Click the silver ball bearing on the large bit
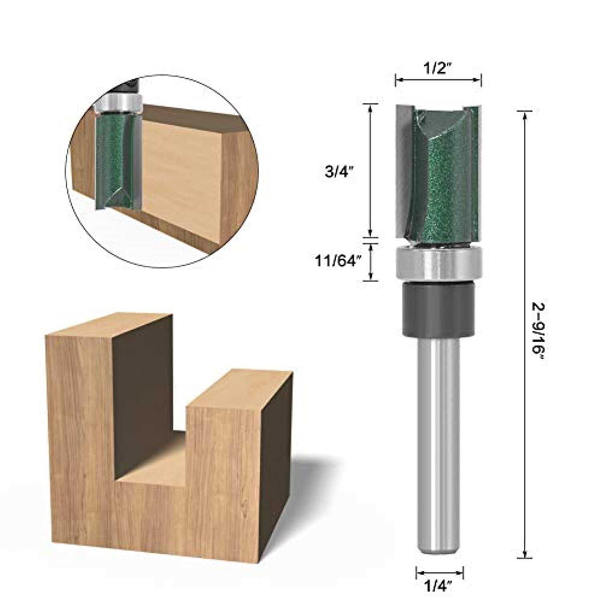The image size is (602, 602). (438, 265)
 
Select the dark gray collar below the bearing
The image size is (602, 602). (438, 309)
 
